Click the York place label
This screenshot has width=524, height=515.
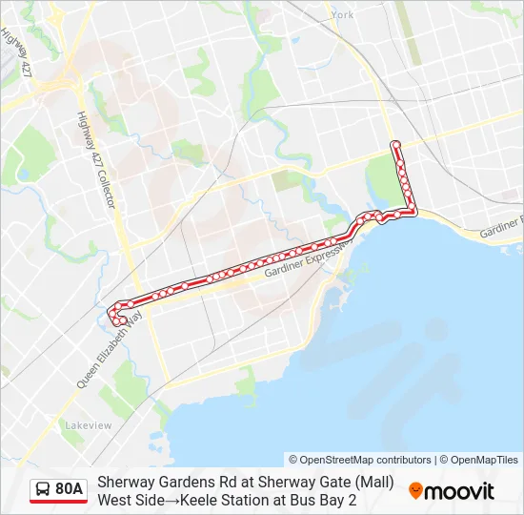[x=343, y=15]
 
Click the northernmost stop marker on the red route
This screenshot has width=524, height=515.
[x=395, y=145]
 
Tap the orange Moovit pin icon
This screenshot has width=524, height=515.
[x=415, y=490]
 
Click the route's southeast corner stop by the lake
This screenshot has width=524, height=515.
[x=413, y=212]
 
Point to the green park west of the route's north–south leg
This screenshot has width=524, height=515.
[x=383, y=176]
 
